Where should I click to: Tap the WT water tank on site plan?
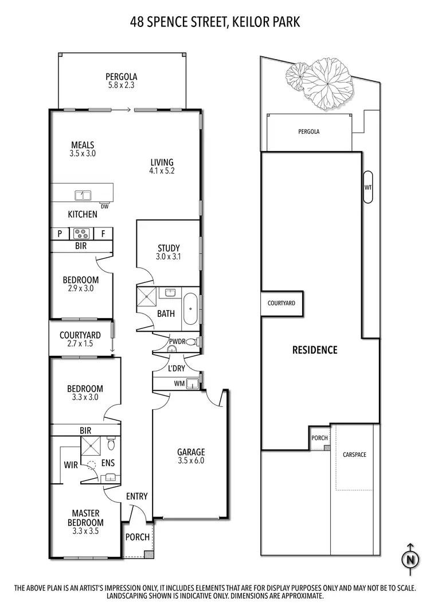pos(368,187)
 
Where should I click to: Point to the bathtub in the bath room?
pos(190,309)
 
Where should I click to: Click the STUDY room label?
pos(169,249)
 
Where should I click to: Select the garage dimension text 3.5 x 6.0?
pos(191,460)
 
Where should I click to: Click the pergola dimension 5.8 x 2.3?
pos(121,85)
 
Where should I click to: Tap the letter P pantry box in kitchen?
pos(59,234)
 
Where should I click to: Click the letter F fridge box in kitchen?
pos(103,234)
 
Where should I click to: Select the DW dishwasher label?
pos(104,207)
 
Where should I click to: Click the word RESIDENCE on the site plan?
pos(315,350)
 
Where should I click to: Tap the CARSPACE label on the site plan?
pos(354,455)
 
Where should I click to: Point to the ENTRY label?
pos(136,496)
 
